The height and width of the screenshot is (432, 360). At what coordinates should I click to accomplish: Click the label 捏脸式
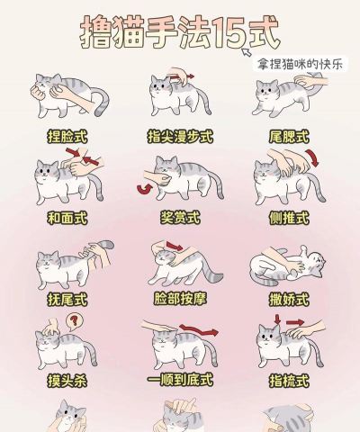(x=67, y=136)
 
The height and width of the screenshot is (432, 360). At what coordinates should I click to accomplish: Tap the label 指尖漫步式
(x=179, y=136)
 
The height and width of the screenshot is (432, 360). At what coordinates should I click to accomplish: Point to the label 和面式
(x=67, y=218)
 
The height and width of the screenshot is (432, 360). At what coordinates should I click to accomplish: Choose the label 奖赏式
(x=179, y=218)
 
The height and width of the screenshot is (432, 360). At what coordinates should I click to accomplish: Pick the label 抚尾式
(x=67, y=298)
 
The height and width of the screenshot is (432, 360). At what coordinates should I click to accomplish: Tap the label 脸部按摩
(x=179, y=298)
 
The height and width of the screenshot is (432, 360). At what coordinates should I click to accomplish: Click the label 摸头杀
(x=67, y=381)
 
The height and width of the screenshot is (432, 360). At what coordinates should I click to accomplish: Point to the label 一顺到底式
(x=179, y=381)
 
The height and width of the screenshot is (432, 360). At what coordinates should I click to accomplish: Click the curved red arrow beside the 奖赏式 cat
(x=143, y=188)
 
